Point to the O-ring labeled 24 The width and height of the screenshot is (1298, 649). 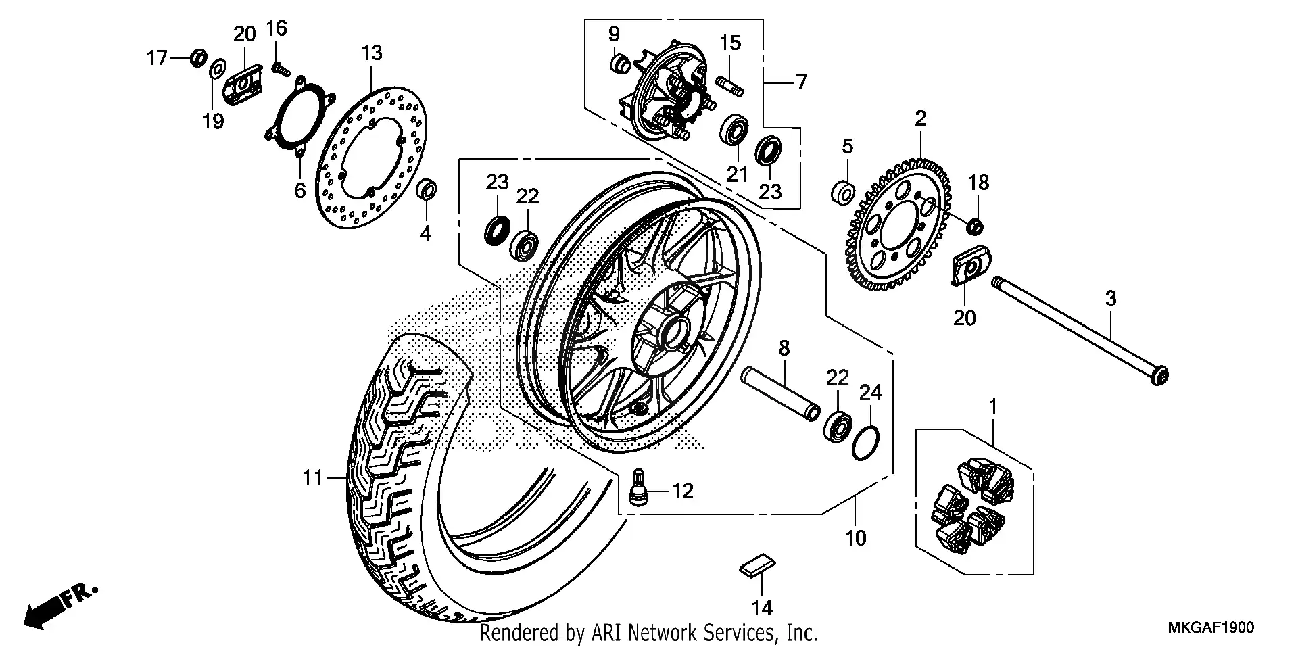click(x=866, y=443)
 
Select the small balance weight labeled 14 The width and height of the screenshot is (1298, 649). click(x=756, y=565)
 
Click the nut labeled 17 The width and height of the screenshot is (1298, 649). click(x=197, y=58)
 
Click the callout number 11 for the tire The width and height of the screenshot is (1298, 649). click(x=313, y=478)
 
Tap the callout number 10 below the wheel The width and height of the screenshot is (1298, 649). click(x=855, y=538)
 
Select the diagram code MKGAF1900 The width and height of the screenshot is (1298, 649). click(x=1211, y=628)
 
